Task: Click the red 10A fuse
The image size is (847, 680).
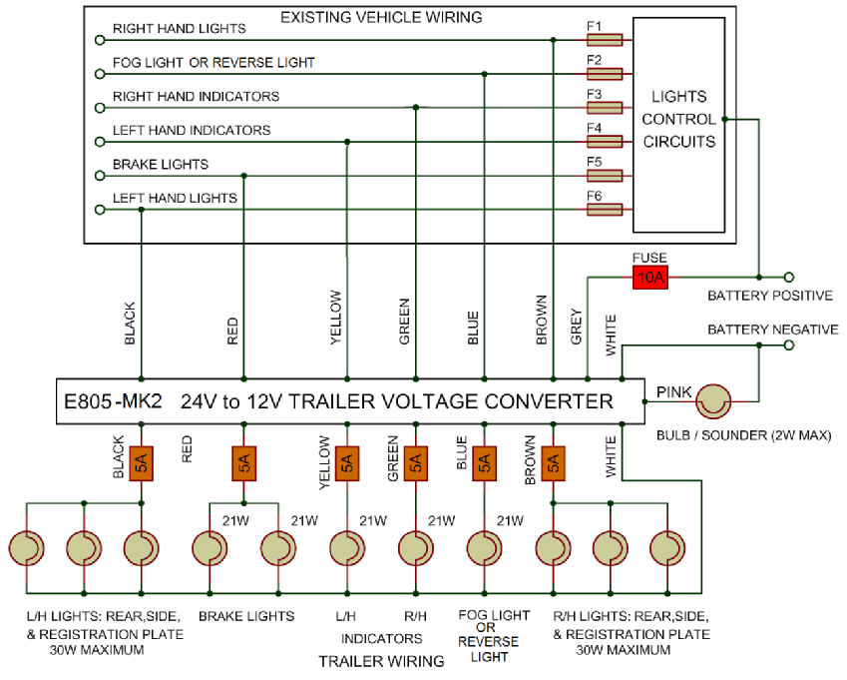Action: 649,277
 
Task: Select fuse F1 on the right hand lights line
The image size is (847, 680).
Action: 605,40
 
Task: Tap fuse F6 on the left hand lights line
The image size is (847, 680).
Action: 605,210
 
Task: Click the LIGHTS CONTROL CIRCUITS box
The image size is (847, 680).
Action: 678,119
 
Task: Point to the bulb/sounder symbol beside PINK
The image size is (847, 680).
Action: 713,402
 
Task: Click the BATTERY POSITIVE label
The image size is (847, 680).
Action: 769,297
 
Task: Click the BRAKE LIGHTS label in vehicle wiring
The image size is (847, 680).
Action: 161,164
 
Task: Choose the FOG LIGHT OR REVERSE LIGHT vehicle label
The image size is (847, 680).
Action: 213,62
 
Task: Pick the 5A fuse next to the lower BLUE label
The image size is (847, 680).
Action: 484,462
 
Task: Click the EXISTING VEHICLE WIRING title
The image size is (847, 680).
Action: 381,17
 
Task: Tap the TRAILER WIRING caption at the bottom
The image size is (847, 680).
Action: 381,661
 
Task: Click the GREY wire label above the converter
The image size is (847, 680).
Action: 577,325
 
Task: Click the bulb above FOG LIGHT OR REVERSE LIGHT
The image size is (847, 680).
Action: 484,548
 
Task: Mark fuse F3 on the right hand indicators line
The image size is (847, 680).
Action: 605,108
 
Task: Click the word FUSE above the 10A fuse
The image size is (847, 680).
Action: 649,258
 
